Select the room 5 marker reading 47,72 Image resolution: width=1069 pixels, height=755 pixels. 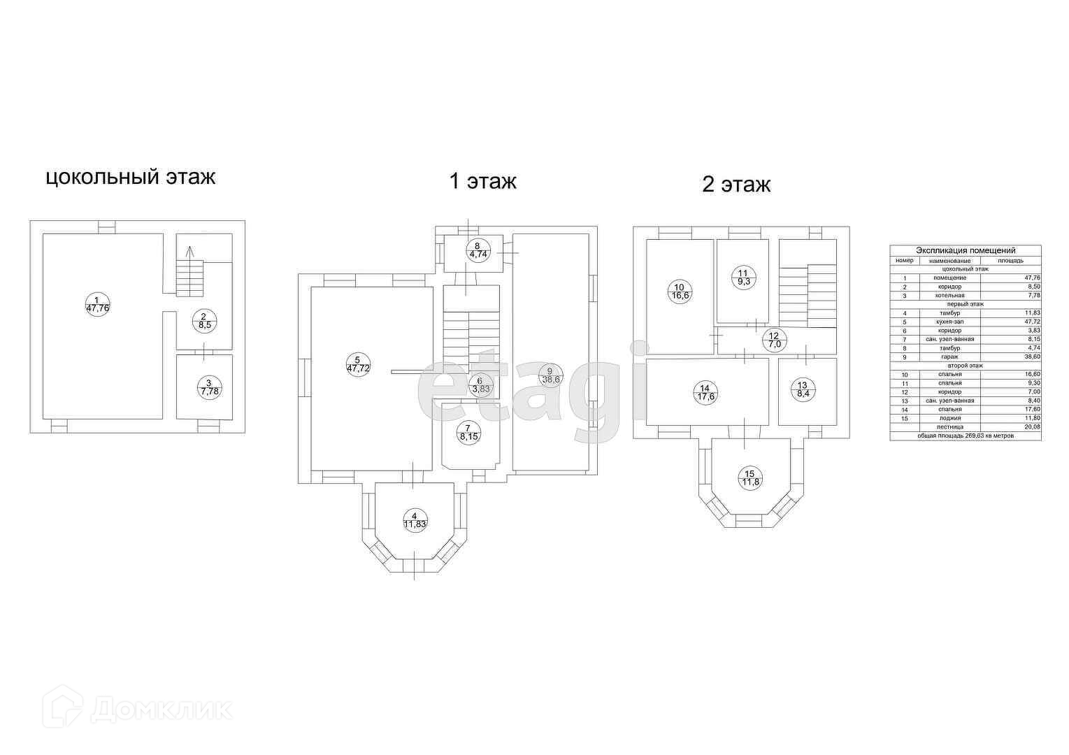click(357, 365)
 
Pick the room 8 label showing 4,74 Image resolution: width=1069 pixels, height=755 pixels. click(478, 250)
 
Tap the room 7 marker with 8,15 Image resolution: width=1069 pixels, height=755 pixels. click(468, 432)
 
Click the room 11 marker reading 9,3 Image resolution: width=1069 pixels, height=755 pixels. click(742, 277)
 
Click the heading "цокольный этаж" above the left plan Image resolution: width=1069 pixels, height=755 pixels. click(130, 177)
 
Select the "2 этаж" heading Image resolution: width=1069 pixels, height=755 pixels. click(736, 185)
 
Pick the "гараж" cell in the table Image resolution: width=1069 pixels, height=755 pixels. click(949, 357)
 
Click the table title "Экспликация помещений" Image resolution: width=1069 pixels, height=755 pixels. click(965, 250)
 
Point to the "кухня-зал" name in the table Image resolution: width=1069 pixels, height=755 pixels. click(949, 322)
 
